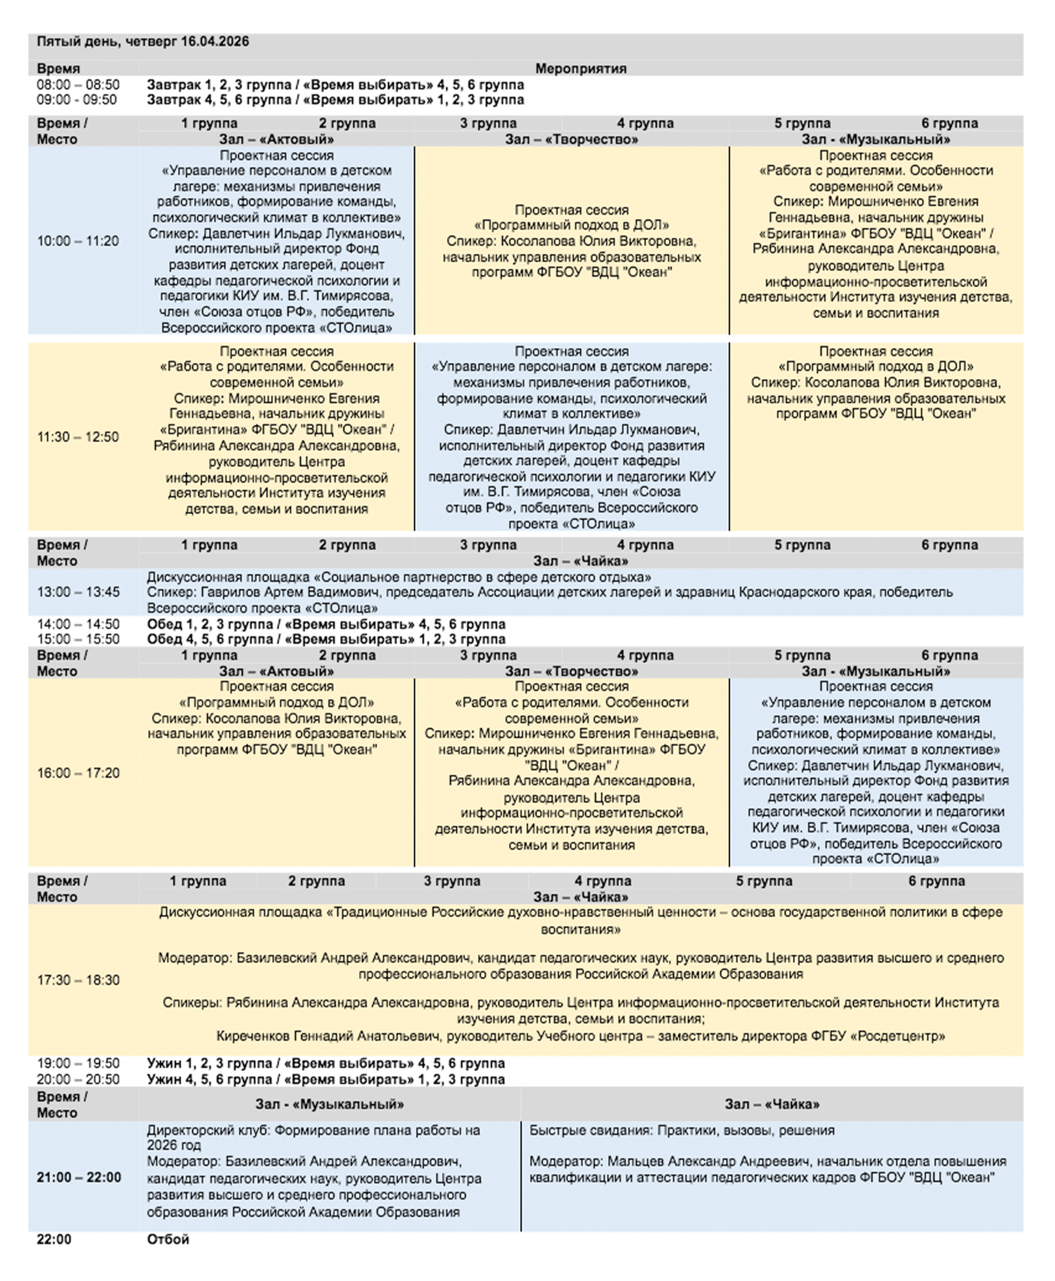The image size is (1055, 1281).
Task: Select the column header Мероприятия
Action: [x=580, y=69]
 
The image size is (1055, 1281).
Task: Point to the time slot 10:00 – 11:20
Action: [x=78, y=241]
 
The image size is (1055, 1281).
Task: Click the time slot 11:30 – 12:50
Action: [x=78, y=437]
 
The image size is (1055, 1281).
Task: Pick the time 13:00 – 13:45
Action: [x=78, y=592]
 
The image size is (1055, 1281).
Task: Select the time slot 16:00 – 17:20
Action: [x=78, y=773]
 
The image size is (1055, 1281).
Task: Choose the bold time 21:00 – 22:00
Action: [x=79, y=1177]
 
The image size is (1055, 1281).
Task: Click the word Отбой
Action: [x=168, y=1239]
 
